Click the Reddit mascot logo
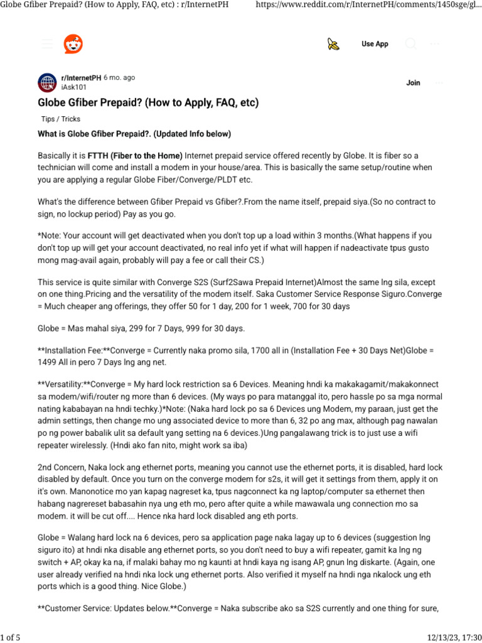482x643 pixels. pyautogui.click(x=73, y=44)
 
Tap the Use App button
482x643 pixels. pyautogui.click(x=375, y=44)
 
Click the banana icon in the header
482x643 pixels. pyautogui.click(x=333, y=44)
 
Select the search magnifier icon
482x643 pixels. pyautogui.click(x=411, y=44)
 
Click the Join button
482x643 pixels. pyautogui.click(x=413, y=83)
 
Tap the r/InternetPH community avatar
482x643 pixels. pyautogui.click(x=47, y=82)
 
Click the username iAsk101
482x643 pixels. pyautogui.click(x=73, y=87)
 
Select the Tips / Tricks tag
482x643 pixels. pyautogui.click(x=60, y=119)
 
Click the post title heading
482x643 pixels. pyautogui.click(x=148, y=102)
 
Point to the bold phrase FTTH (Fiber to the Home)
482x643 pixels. pyautogui.click(x=135, y=156)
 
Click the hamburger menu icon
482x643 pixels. pyautogui.click(x=47, y=44)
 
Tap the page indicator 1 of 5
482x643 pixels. pyautogui.click(x=11, y=638)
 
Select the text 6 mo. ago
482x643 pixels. pyautogui.click(x=119, y=78)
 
